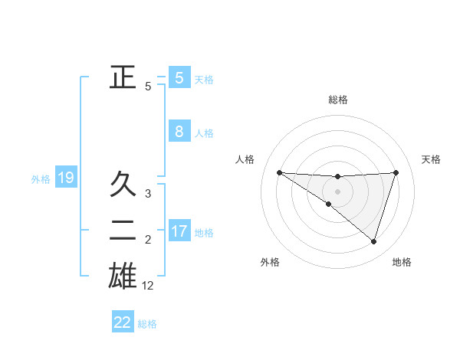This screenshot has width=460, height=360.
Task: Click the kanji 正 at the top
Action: (x=123, y=77)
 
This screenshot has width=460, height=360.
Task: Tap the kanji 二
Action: (x=123, y=231)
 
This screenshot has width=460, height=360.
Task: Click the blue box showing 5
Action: (x=179, y=77)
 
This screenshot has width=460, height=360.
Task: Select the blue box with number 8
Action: (x=179, y=131)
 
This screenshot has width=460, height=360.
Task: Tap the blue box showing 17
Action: (x=179, y=231)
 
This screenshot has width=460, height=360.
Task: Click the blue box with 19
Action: (x=66, y=178)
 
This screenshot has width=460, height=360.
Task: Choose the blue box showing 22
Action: (x=123, y=322)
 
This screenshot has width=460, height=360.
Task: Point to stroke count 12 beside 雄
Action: (x=148, y=286)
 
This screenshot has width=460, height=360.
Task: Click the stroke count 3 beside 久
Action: (x=148, y=194)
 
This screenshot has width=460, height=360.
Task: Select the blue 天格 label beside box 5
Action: (x=204, y=79)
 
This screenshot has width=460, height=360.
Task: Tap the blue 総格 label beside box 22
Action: (x=147, y=324)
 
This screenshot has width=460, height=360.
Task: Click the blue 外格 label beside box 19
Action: (x=41, y=179)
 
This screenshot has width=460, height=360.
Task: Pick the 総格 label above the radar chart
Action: (x=337, y=100)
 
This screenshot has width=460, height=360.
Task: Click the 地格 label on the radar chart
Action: (x=402, y=262)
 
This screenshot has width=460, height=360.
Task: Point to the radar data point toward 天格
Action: (x=396, y=172)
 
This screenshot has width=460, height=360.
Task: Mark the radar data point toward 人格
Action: (x=279, y=172)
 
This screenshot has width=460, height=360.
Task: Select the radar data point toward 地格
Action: (x=373, y=241)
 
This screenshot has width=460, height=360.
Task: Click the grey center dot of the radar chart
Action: (x=337, y=191)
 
